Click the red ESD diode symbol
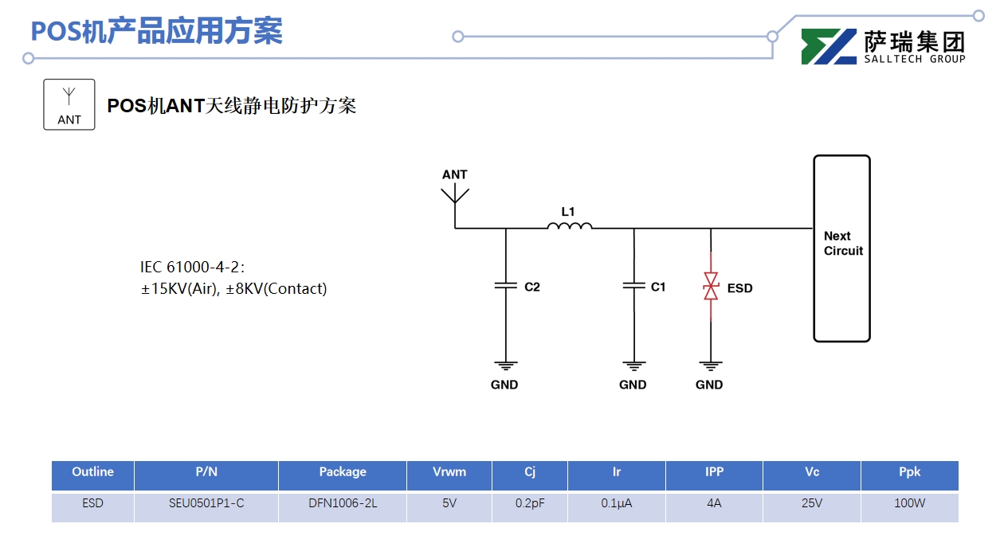(711, 286)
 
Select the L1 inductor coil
(569, 227)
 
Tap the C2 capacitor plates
(505, 285)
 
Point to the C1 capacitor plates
(633, 285)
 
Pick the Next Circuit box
(841, 248)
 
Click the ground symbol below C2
(505, 366)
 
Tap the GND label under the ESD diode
(709, 385)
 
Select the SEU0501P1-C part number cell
(206, 503)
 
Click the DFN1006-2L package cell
(343, 503)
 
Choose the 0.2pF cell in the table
(530, 503)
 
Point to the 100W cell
(909, 503)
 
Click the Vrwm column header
(449, 472)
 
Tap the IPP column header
(714, 472)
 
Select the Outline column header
(92, 472)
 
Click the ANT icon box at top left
(69, 104)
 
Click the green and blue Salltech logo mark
(829, 46)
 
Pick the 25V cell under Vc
(812, 503)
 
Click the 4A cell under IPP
(714, 503)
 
